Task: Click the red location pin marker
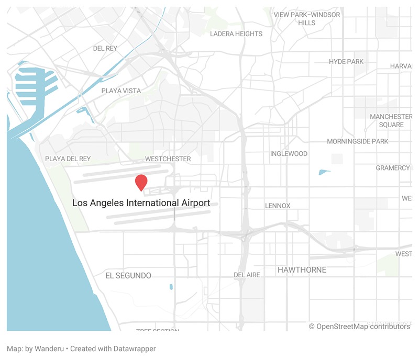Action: (141, 182)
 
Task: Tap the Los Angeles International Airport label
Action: (141, 203)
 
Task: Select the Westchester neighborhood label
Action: (168, 159)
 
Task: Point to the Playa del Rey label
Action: (68, 159)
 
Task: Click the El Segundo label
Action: (128, 275)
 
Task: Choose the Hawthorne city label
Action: (302, 270)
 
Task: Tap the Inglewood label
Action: (289, 154)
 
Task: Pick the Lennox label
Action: (278, 206)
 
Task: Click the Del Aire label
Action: (247, 275)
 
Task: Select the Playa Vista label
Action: (121, 91)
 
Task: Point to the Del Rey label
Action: (105, 48)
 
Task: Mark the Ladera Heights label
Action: (236, 34)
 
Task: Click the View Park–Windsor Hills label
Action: (307, 19)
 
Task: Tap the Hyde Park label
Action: (346, 62)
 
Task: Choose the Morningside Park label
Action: (358, 141)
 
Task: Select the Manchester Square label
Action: (391, 120)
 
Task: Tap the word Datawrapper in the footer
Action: (137, 348)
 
